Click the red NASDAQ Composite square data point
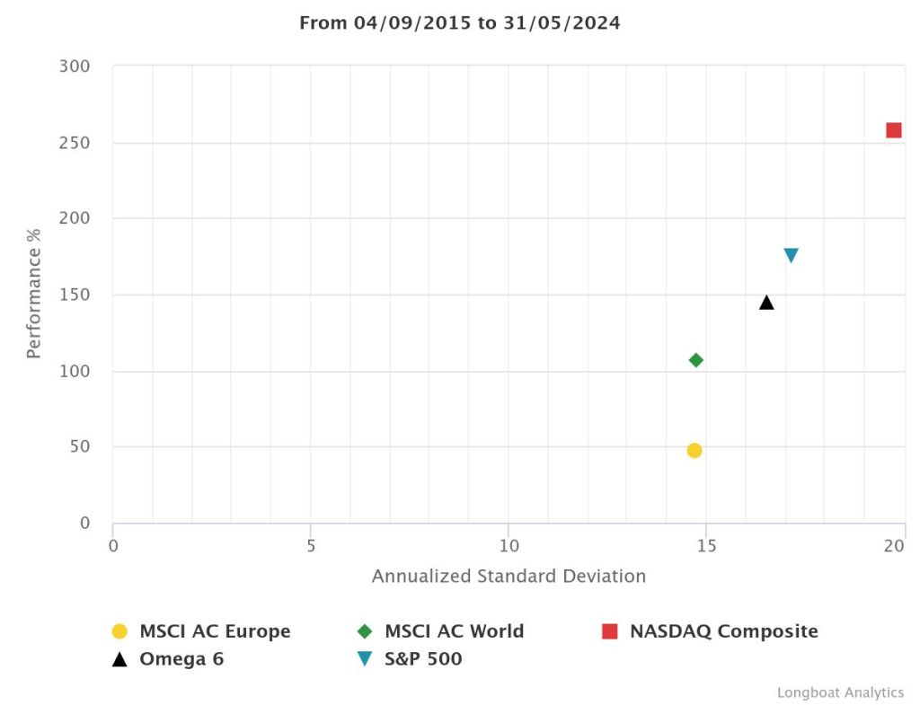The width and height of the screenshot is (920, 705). coord(893,130)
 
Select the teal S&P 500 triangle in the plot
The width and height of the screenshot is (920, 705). coord(791,255)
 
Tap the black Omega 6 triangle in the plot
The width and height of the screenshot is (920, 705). coord(766,303)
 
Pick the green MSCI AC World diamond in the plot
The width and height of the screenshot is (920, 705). coord(695,360)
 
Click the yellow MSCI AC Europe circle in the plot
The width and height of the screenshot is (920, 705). coord(694,451)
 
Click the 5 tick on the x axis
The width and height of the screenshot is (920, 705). coord(311,546)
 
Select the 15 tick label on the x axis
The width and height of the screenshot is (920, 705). coord(705,546)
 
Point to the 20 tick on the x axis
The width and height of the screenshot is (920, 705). coord(895,546)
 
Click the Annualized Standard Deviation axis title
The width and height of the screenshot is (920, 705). coord(509,577)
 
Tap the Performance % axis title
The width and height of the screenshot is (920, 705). coord(34,295)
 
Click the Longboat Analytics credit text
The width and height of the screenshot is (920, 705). coord(840,692)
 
